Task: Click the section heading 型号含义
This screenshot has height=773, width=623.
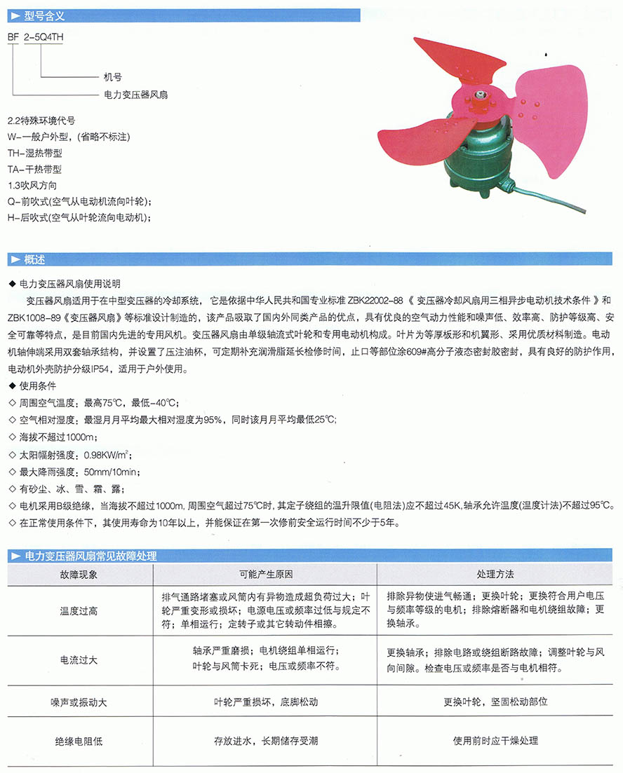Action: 44,14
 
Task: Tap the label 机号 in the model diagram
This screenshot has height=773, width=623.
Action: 112,77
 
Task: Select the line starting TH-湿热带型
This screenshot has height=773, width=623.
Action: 34,151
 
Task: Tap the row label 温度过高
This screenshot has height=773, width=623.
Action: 79,610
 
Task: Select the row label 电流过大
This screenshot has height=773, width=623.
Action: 79,660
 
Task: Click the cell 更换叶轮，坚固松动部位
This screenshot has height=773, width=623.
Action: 495,701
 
